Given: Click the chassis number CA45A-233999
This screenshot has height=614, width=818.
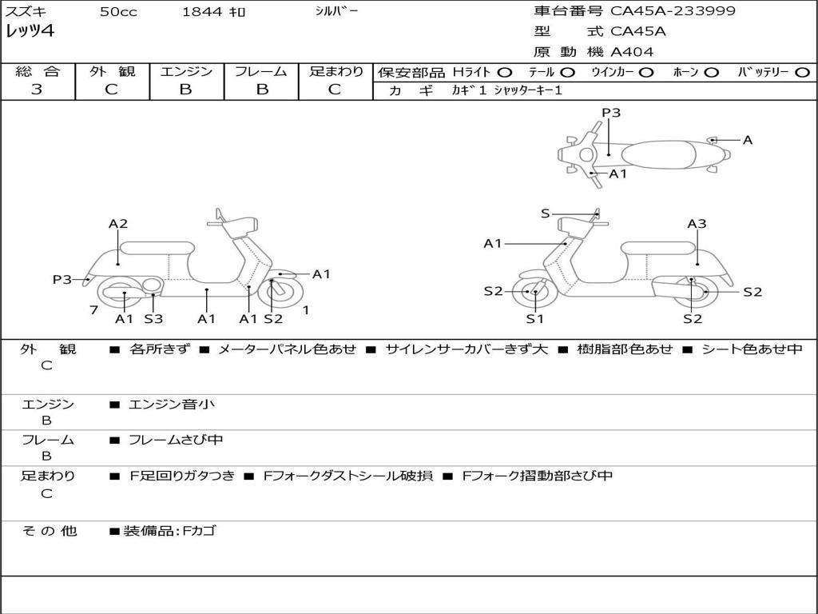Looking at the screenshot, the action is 673,11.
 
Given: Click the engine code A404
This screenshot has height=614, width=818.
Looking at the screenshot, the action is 632,52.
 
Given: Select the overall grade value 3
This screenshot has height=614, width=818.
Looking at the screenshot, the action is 37,90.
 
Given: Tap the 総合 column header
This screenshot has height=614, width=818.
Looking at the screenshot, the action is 38,71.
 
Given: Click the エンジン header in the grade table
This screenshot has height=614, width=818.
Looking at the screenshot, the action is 186,71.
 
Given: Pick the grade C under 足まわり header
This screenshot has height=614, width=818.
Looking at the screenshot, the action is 335,90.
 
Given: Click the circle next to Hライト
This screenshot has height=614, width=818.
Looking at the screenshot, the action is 505,72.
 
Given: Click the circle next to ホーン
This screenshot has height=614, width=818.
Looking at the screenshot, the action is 711,72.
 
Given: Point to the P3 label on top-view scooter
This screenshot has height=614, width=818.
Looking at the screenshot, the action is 611,113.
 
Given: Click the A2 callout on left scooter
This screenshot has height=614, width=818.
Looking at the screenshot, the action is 118,224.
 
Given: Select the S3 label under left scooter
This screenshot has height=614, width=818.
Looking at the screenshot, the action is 153,319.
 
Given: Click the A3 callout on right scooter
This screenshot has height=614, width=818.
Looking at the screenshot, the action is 697,224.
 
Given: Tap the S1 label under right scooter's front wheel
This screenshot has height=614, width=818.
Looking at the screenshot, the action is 534,319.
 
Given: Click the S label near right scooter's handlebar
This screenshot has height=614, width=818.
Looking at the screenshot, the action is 546,213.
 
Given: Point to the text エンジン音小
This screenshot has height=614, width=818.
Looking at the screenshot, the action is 172,405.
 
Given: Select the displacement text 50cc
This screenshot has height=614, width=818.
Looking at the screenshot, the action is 117,12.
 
